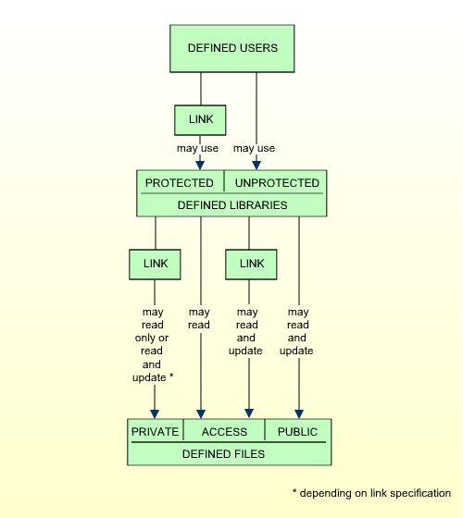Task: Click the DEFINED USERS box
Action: tap(232, 48)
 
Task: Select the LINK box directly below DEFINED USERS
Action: tap(200, 120)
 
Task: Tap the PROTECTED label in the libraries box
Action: tap(180, 183)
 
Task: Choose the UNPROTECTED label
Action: tap(277, 183)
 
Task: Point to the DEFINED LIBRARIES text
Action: tap(232, 205)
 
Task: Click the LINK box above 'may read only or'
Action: tap(155, 265)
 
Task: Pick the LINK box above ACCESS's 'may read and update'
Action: tap(251, 265)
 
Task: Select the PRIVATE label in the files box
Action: tap(155, 432)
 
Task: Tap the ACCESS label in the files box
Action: tap(224, 432)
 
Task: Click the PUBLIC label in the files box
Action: tap(297, 432)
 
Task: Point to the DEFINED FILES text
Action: tap(223, 454)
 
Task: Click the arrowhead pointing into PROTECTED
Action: tap(200, 166)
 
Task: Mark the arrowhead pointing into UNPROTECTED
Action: tap(257, 166)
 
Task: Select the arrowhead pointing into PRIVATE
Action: tap(155, 414)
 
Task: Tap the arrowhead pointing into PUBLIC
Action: tap(299, 414)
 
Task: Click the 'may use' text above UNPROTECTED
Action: tap(254, 148)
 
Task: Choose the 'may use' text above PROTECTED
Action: tap(197, 148)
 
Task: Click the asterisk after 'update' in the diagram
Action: tap(171, 376)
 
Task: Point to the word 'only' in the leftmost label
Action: tap(145, 339)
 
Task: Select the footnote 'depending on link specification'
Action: tap(375, 493)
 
